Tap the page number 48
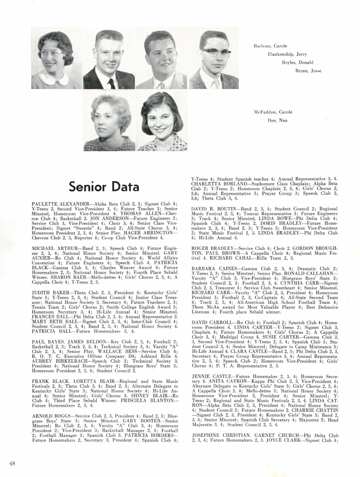tap(12, 462)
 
